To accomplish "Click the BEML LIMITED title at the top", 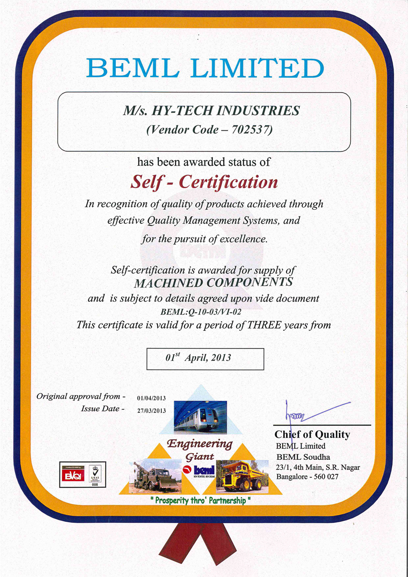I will tap(205, 68).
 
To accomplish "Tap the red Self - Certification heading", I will tap(204, 182).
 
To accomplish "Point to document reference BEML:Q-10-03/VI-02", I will tap(207, 312).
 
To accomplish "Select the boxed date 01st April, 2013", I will tap(205, 358).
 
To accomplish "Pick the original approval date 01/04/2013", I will tap(151, 398).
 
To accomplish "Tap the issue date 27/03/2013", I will tap(151, 410).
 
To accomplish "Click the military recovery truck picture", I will tap(155, 477).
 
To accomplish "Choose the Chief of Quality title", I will tap(312, 435).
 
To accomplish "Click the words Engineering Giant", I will tap(200, 449).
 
